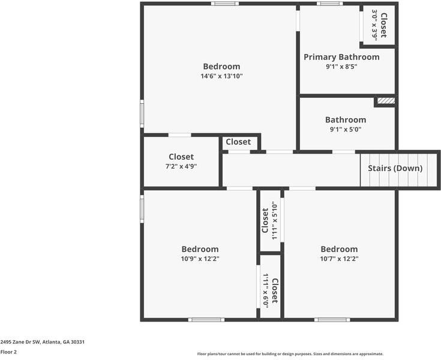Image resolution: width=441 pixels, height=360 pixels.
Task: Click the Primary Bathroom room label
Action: [x=341, y=57]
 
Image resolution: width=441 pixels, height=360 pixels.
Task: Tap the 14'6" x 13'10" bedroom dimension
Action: [x=221, y=76]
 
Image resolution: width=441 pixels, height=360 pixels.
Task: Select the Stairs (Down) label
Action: [x=395, y=168]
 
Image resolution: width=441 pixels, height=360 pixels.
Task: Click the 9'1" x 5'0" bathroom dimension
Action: [x=345, y=130]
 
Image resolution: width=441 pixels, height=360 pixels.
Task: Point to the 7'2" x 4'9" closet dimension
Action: [x=181, y=167]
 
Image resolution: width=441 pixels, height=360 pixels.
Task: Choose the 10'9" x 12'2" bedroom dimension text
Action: [x=200, y=259]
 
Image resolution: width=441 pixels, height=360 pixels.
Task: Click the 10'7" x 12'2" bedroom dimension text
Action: [x=339, y=259]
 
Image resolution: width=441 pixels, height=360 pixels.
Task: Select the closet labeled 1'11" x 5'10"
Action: [x=269, y=221]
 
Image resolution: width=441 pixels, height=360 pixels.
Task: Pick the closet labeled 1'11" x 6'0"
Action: [x=270, y=290]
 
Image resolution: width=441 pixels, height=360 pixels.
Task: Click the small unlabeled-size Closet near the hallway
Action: [x=238, y=142]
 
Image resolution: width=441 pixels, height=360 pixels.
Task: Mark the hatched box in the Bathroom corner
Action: [x=386, y=101]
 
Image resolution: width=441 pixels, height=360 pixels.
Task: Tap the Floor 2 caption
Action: [x=8, y=352]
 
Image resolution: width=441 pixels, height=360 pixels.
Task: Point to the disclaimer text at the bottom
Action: [x=290, y=354]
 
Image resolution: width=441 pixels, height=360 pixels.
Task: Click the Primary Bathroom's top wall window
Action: [x=330, y=4]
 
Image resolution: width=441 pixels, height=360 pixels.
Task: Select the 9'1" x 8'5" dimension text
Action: [x=341, y=67]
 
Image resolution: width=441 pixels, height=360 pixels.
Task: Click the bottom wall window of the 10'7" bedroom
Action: [x=332, y=319]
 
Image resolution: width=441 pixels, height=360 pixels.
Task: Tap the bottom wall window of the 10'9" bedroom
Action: [x=206, y=319]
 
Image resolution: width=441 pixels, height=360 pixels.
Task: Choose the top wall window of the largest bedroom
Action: [x=224, y=4]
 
